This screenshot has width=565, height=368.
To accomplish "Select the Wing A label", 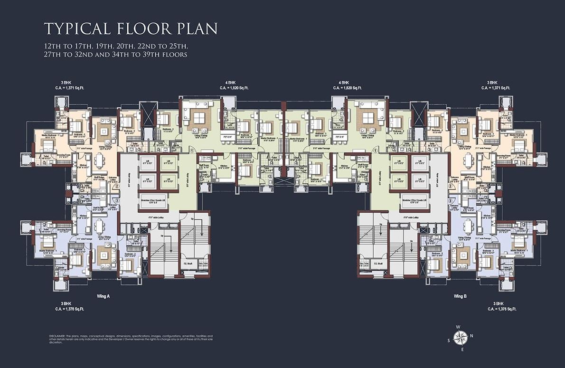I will pyautogui.click(x=103, y=296).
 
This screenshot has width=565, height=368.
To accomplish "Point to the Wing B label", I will pyautogui.click(x=460, y=296).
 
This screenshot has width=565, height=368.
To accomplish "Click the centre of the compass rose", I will pyautogui.click(x=459, y=338).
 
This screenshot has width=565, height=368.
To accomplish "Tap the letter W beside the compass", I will pyautogui.click(x=458, y=327).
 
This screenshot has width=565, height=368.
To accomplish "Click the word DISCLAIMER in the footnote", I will pyautogui.click(x=57, y=336).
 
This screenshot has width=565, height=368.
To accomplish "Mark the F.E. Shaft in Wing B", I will pyautogui.click(x=378, y=263).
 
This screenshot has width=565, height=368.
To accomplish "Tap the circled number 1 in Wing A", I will pyautogui.click(x=190, y=151).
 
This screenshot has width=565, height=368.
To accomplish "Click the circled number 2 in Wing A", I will pyautogui.click(x=117, y=186).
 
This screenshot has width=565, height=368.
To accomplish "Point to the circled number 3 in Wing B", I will pyautogui.click(x=450, y=201).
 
